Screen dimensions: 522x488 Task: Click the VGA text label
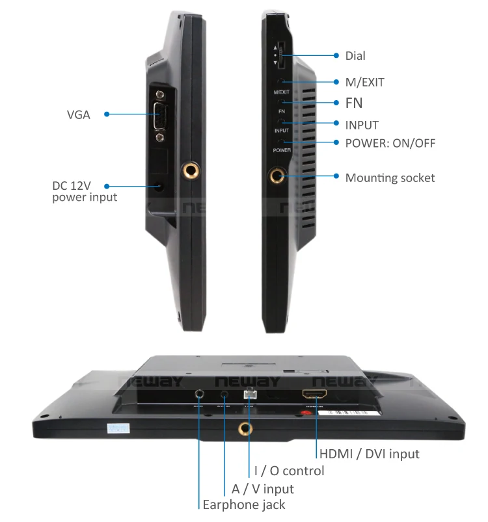pyautogui.click(x=78, y=115)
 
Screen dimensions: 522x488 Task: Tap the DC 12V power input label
pyautogui.click(x=85, y=191)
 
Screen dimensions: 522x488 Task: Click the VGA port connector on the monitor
pyautogui.click(x=160, y=116)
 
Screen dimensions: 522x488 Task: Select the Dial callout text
pyautogui.click(x=355, y=57)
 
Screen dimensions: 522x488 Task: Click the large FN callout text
pyautogui.click(x=354, y=103)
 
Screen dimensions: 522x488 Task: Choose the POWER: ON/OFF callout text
pyautogui.click(x=390, y=144)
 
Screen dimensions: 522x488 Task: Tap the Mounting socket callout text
pyautogui.click(x=390, y=177)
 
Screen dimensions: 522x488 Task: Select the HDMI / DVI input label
pyautogui.click(x=369, y=454)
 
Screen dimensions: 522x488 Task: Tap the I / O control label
pyautogui.click(x=289, y=471)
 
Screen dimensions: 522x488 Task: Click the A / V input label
pyautogui.click(x=262, y=488)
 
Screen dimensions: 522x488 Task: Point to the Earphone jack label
pyautogui.click(x=243, y=504)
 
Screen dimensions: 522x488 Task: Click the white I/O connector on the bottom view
pyautogui.click(x=249, y=393)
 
